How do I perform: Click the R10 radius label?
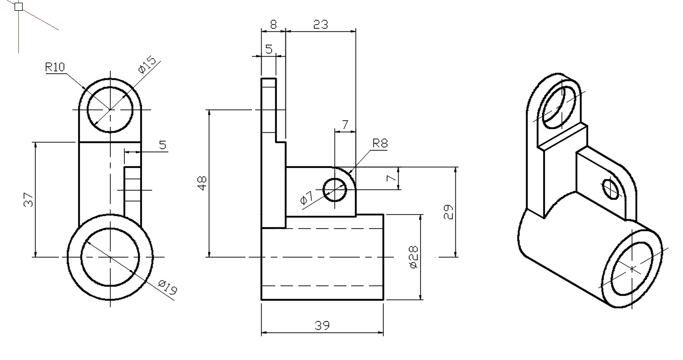point(55,67)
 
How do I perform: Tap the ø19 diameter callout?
point(168,287)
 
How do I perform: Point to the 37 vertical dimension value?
point(29,200)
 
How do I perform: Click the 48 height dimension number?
point(202,184)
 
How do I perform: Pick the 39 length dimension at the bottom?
point(322,325)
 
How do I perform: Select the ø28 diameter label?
point(414,257)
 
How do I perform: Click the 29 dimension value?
point(448,212)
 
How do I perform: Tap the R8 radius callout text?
point(379,144)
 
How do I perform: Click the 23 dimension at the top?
point(320,24)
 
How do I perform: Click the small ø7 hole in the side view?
point(334,190)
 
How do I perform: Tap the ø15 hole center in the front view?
point(110,110)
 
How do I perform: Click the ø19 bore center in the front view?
point(110,257)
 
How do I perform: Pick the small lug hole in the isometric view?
point(611,188)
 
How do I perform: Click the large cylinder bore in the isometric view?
point(632,268)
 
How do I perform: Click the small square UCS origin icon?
point(18,7)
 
